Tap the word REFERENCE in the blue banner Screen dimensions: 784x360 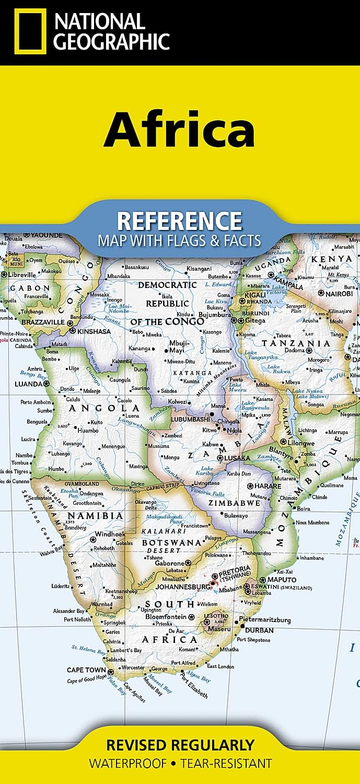click(x=179, y=221)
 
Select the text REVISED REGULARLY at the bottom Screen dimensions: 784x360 click(x=180, y=744)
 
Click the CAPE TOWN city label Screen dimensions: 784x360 click(x=86, y=670)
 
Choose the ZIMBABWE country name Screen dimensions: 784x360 click(x=234, y=503)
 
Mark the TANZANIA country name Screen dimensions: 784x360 click(x=296, y=343)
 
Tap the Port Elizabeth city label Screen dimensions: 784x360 click(x=194, y=688)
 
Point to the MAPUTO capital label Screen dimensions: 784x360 click(x=281, y=580)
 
